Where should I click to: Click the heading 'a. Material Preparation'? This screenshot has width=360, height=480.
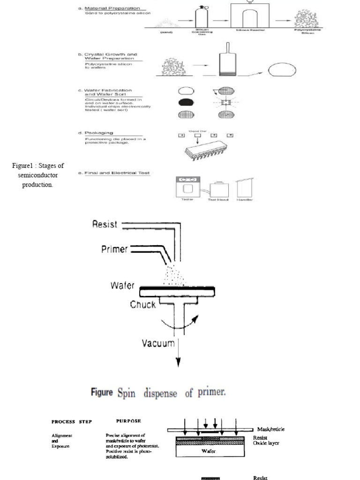pyautogui.click(x=109, y=7)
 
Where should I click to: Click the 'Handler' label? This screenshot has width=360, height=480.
pyautogui.click(x=244, y=200)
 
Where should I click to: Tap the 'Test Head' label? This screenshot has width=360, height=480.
pyautogui.click(x=218, y=200)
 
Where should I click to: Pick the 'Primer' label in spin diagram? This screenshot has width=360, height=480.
pyautogui.click(x=114, y=249)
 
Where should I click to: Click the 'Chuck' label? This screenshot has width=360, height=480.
pyautogui.click(x=143, y=305)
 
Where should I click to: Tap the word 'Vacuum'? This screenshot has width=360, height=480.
pyautogui.click(x=158, y=344)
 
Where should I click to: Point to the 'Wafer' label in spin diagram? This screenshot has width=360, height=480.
pyautogui.click(x=123, y=285)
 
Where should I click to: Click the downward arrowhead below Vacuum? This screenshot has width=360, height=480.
pyautogui.click(x=178, y=362)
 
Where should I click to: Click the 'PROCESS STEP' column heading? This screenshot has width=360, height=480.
pyautogui.click(x=72, y=421)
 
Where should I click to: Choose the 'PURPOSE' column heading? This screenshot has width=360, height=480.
pyautogui.click(x=128, y=421)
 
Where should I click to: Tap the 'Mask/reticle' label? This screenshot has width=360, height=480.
pyautogui.click(x=270, y=429)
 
